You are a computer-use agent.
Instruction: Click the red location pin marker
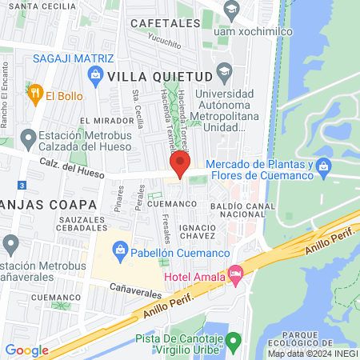point(180,164)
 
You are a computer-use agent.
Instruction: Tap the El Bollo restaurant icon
point(34,95)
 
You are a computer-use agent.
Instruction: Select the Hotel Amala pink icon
point(235,274)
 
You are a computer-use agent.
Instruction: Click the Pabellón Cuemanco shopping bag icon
point(119,251)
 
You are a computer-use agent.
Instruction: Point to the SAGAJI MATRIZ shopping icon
point(97,76)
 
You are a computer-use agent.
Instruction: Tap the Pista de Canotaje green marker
point(233,342)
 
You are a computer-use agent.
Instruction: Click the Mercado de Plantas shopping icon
point(324,167)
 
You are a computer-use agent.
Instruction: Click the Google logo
point(27,350)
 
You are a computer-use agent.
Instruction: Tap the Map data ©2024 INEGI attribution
point(313,354)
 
